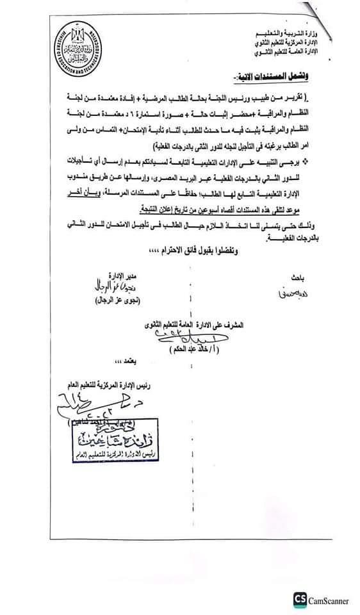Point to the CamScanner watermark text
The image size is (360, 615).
click(330, 600)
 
